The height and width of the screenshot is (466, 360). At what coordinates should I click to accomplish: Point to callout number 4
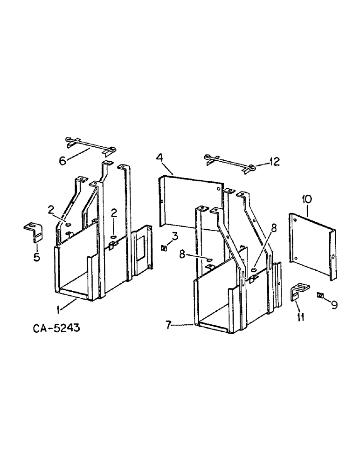[x=159, y=158]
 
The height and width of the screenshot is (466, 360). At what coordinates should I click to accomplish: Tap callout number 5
[x=36, y=257]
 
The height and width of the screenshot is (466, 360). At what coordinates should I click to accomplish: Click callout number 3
[x=174, y=236]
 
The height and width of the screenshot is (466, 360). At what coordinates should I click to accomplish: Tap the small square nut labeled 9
[x=320, y=295]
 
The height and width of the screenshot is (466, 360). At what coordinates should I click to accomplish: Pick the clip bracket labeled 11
[x=297, y=293]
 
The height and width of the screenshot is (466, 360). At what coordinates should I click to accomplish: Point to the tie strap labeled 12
[x=229, y=162]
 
